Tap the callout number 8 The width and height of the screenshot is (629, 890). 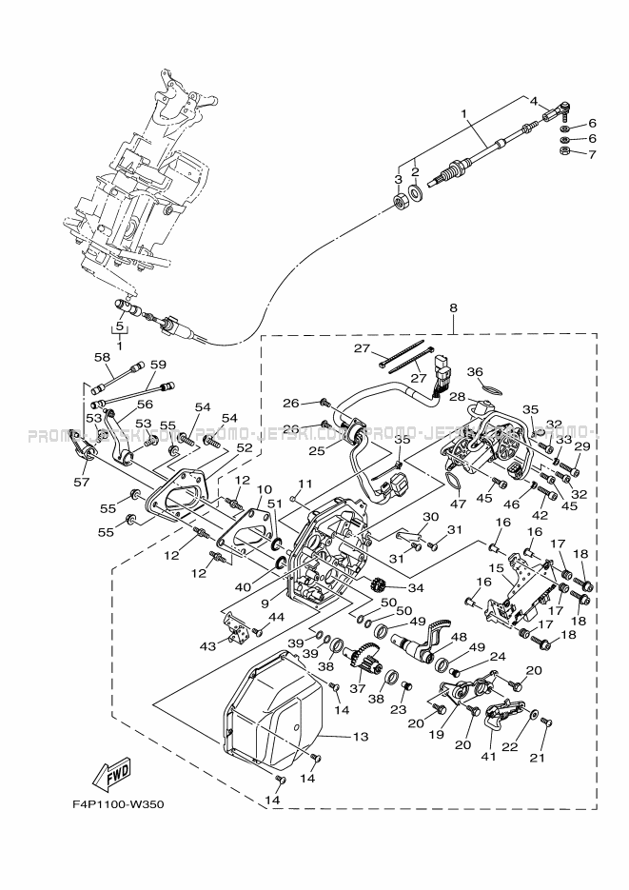[453, 308]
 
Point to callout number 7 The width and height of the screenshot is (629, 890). [591, 154]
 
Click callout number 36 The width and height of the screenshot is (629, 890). [475, 372]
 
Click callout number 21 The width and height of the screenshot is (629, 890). [544, 759]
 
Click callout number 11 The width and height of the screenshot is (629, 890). [306, 484]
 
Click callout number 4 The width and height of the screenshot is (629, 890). [534, 101]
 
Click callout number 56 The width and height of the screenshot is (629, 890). [144, 404]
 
